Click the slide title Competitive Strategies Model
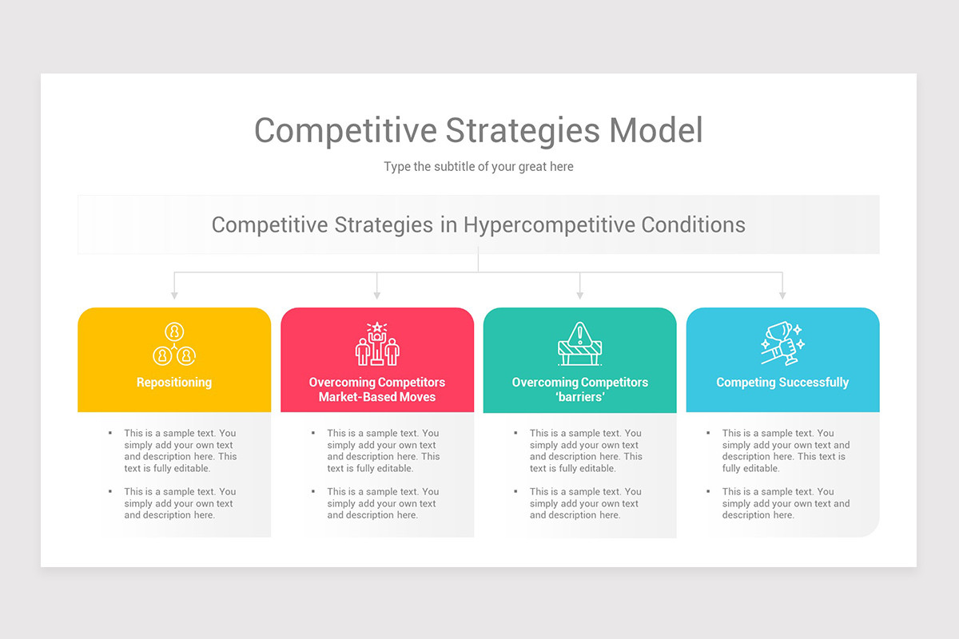[478, 130]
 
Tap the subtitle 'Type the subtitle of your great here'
[478, 167]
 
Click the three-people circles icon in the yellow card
[174, 344]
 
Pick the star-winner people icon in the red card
[377, 344]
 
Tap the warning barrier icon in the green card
[580, 344]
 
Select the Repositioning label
[174, 383]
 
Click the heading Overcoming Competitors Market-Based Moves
[377, 390]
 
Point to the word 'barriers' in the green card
[580, 397]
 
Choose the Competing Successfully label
[782, 383]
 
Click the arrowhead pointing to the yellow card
[174, 296]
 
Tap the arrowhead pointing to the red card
[377, 296]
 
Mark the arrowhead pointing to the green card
[580, 296]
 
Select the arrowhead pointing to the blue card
[782, 296]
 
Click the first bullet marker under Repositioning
[110, 433]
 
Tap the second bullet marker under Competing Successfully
[708, 491]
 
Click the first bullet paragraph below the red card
[383, 450]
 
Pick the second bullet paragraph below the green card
[585, 503]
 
